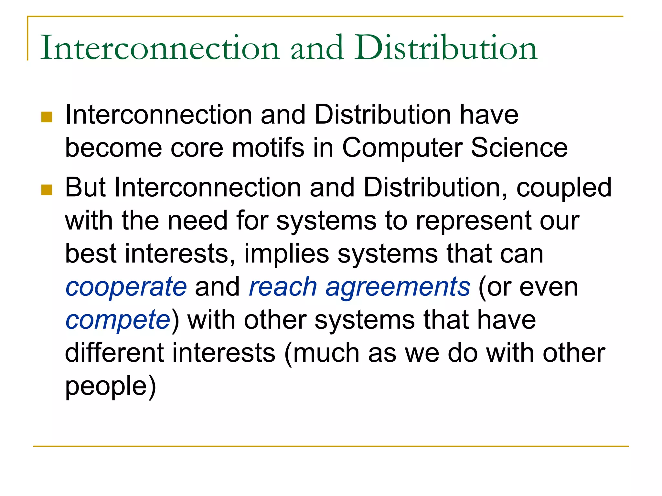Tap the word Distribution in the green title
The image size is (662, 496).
446,48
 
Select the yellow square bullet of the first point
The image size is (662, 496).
47,117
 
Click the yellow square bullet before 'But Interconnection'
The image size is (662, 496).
47,190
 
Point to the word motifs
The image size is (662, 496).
268,148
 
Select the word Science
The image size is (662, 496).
519,148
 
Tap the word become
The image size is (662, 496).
113,148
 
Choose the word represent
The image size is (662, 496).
473,222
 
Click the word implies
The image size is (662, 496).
286,254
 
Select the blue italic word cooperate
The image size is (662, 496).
126,287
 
